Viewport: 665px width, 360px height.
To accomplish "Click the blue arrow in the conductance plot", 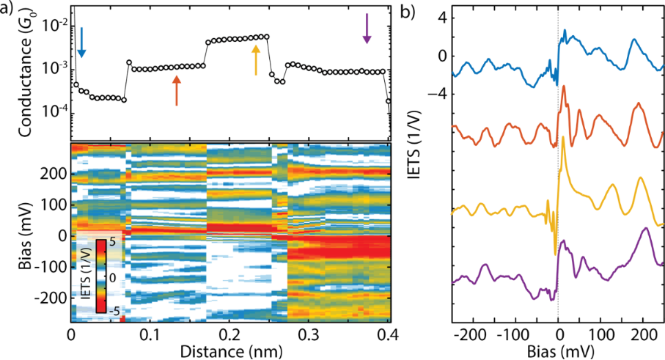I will click(x=81, y=43).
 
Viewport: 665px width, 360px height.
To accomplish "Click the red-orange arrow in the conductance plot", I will click(x=176, y=90).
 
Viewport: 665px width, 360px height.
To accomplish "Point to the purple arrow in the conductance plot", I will click(x=367, y=28).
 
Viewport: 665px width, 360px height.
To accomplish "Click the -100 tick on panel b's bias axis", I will click(x=515, y=331).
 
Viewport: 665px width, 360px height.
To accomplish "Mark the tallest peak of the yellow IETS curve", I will click(x=562, y=137).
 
